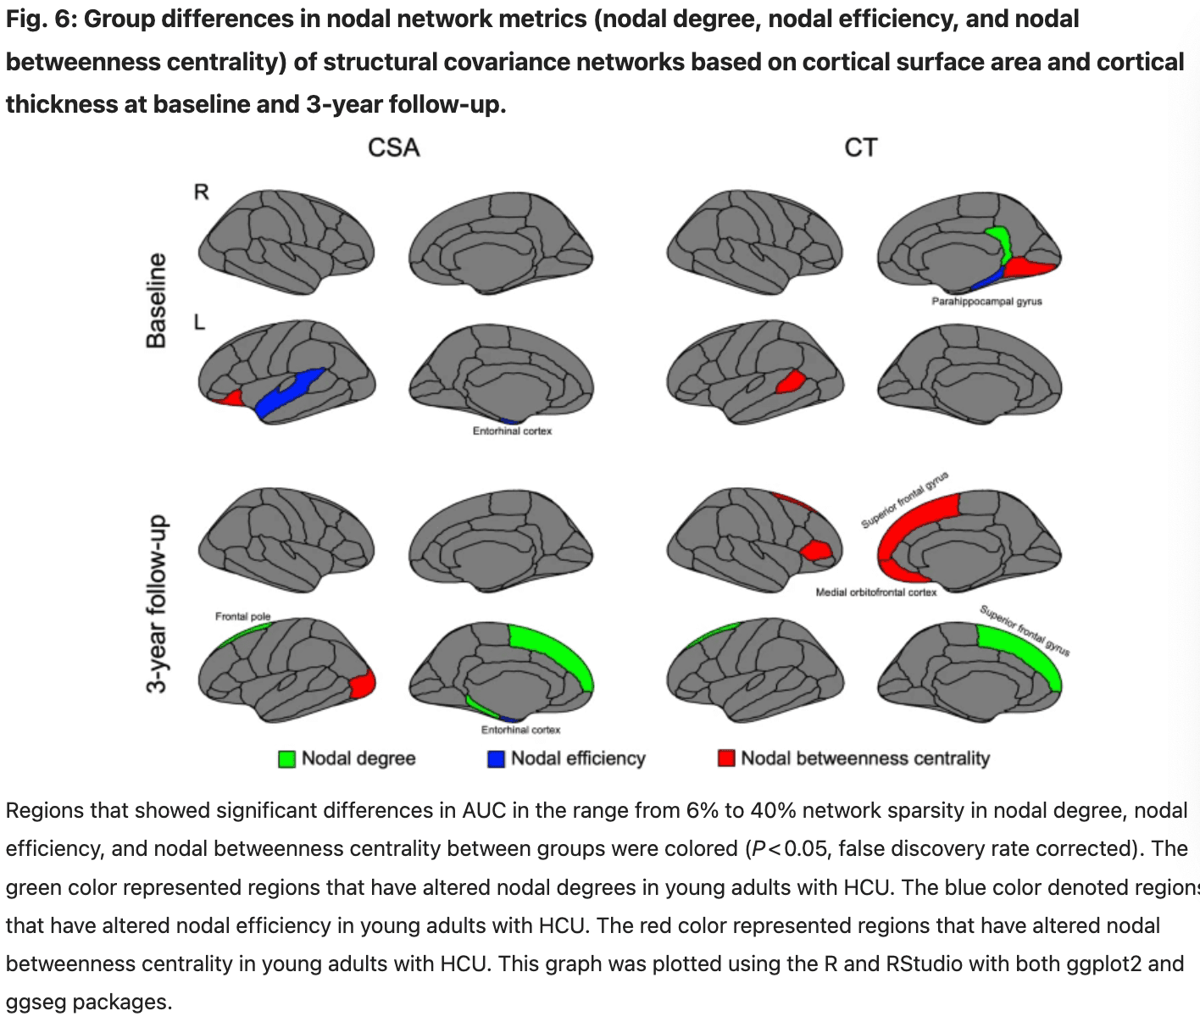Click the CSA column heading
click(393, 147)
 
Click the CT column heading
click(860, 147)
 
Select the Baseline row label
click(157, 300)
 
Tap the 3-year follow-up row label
click(157, 603)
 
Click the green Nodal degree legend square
click(287, 758)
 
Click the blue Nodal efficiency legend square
click(496, 758)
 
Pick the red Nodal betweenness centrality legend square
click(726, 758)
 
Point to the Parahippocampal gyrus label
click(986, 302)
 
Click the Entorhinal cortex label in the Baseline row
click(512, 431)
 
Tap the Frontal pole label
click(242, 616)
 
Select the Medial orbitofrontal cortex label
click(875, 592)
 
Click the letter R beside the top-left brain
click(201, 192)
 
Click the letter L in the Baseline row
click(199, 322)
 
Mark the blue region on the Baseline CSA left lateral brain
click(288, 392)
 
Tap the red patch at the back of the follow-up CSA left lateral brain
click(362, 684)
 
